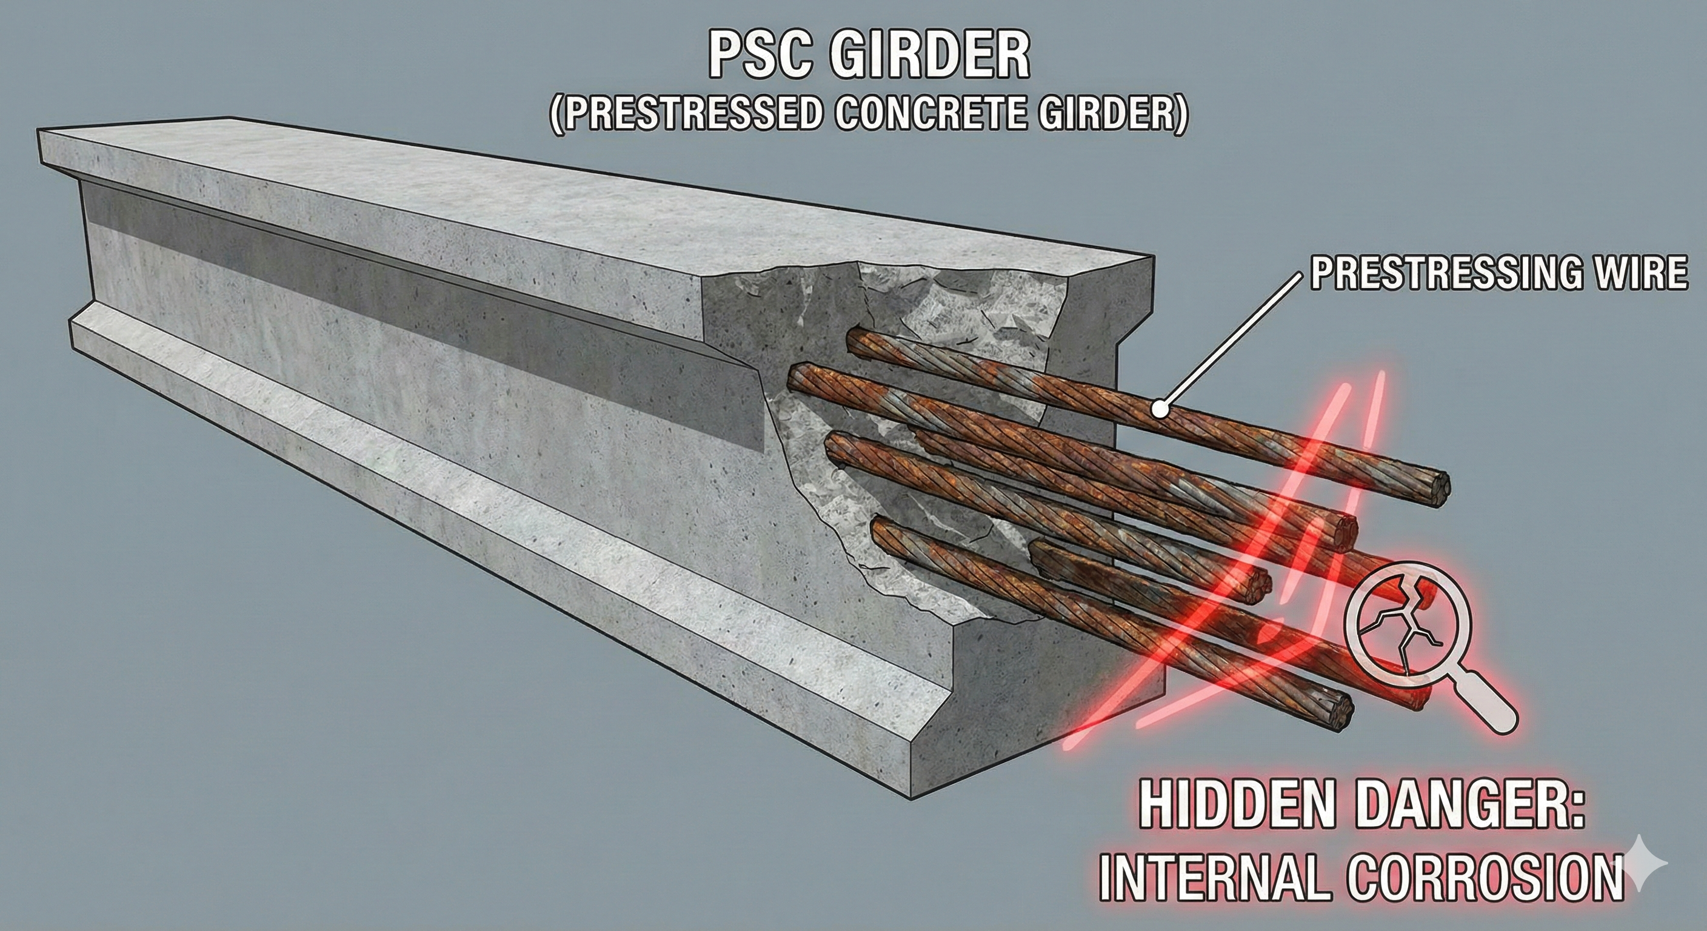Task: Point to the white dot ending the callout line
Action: [x=1159, y=409]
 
